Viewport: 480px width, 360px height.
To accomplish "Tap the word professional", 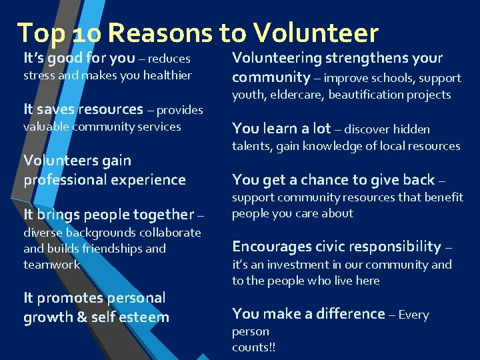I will click(x=66, y=180).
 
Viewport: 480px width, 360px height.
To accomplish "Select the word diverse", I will click(x=43, y=233).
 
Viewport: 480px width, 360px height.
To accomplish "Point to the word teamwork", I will click(x=51, y=265).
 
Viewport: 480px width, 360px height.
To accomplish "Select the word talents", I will click(x=251, y=146).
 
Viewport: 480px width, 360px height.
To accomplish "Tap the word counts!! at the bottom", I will click(x=253, y=347).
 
